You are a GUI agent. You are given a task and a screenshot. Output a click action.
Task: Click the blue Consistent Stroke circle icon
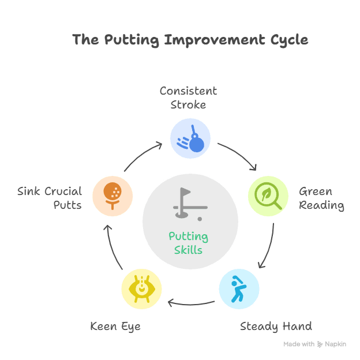pos(190,138)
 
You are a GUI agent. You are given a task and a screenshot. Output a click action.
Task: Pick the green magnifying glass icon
pos(268,196)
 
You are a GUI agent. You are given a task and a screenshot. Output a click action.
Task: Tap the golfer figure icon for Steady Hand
pos(239,289)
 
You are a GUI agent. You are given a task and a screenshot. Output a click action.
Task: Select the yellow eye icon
pos(141,288)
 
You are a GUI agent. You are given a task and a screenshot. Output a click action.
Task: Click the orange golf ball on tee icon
pos(112,196)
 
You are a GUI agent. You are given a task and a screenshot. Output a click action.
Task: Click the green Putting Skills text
pos(189,242)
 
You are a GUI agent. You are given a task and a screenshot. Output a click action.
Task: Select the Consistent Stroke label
pos(188,98)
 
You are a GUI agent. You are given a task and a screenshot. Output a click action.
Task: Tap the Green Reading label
pos(321,198)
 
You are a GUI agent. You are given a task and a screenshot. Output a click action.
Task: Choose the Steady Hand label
pos(276,327)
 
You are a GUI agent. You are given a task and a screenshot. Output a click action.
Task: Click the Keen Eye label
pos(115,327)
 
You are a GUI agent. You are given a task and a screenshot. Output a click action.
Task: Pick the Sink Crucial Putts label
pos(50,198)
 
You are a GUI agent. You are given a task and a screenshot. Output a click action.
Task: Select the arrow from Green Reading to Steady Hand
pos(268,245)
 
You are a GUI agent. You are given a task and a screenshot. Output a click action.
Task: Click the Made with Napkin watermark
pos(314,344)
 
